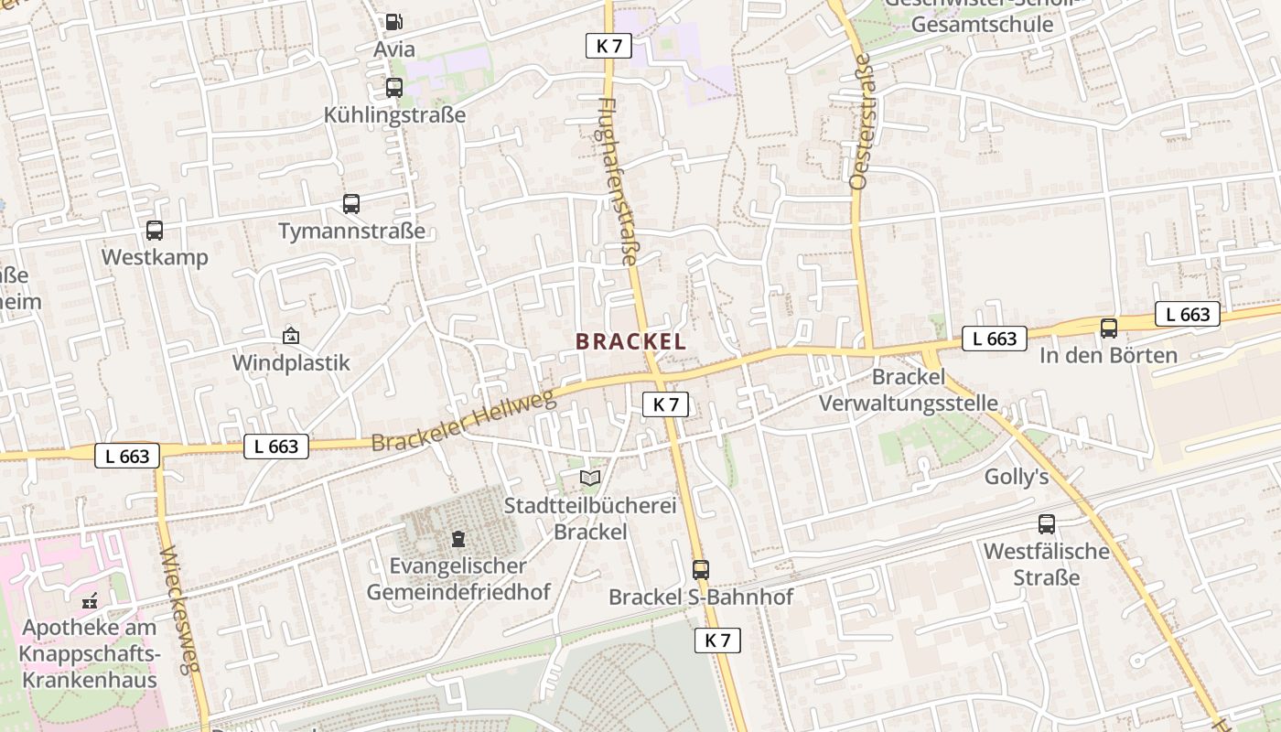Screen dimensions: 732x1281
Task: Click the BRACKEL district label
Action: coord(630,341)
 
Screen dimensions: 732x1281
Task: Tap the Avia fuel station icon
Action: coord(393,22)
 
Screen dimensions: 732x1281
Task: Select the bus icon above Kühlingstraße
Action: coord(394,88)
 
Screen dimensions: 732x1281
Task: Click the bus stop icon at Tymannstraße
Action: coord(351,204)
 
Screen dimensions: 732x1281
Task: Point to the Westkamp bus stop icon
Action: coord(155,231)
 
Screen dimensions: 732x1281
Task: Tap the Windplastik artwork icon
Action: coord(291,336)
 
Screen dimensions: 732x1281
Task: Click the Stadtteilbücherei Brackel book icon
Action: coord(590,478)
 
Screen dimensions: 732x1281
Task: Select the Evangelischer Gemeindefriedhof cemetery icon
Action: coord(458,539)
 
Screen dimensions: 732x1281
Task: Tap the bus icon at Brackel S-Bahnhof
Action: coord(701,570)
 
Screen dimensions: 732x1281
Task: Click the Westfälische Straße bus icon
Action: coord(1047,524)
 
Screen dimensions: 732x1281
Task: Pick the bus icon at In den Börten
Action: coord(1109,328)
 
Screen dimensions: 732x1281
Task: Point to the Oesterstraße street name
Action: coord(861,121)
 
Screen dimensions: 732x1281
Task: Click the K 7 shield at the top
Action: coord(608,46)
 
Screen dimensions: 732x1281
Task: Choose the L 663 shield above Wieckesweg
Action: coord(127,456)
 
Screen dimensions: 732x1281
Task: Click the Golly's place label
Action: coord(1016,477)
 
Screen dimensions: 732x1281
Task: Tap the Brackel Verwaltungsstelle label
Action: coord(908,390)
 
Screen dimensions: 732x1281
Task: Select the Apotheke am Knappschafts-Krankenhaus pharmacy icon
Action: coord(90,601)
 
